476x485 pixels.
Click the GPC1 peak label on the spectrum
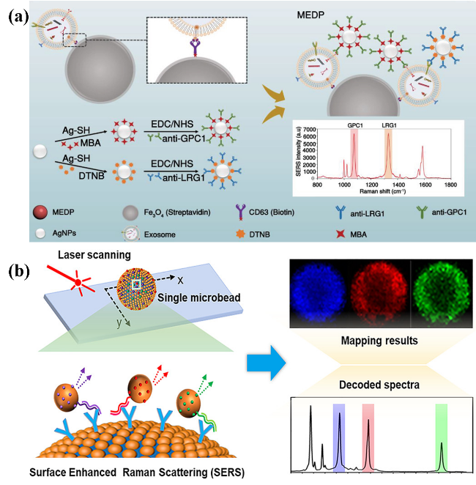(355, 125)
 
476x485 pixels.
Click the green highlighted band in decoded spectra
(441, 438)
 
